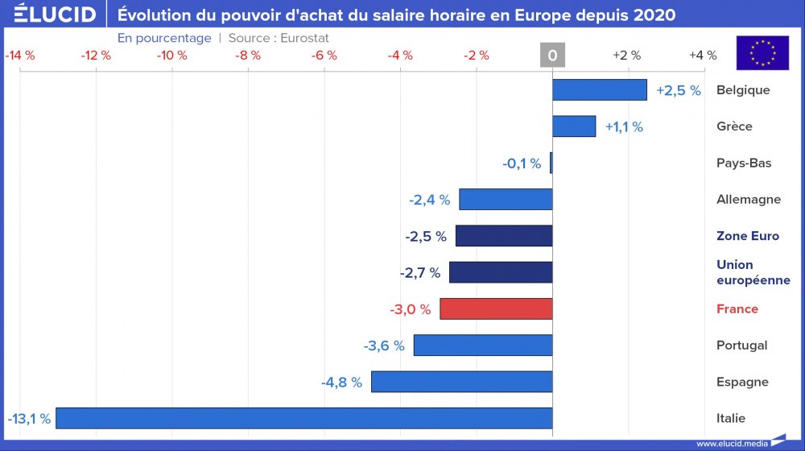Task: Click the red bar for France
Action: point(496,308)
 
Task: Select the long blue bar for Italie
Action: point(303,418)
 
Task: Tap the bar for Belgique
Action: point(600,89)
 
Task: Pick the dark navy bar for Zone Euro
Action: point(504,236)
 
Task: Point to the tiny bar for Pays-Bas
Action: point(551,163)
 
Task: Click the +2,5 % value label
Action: point(679,90)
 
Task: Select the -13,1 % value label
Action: point(29,419)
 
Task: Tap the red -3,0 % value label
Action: point(411,309)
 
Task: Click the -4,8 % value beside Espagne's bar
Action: point(341,382)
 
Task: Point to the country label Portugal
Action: point(741,345)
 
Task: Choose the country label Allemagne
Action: point(748,200)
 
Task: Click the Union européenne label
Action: point(753,272)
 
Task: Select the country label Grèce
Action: point(734,126)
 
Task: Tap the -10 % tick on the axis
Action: point(171,56)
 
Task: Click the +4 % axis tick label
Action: point(703,56)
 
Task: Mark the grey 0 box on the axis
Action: point(552,56)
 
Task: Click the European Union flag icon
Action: point(762,53)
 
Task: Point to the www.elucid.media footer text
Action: point(732,443)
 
